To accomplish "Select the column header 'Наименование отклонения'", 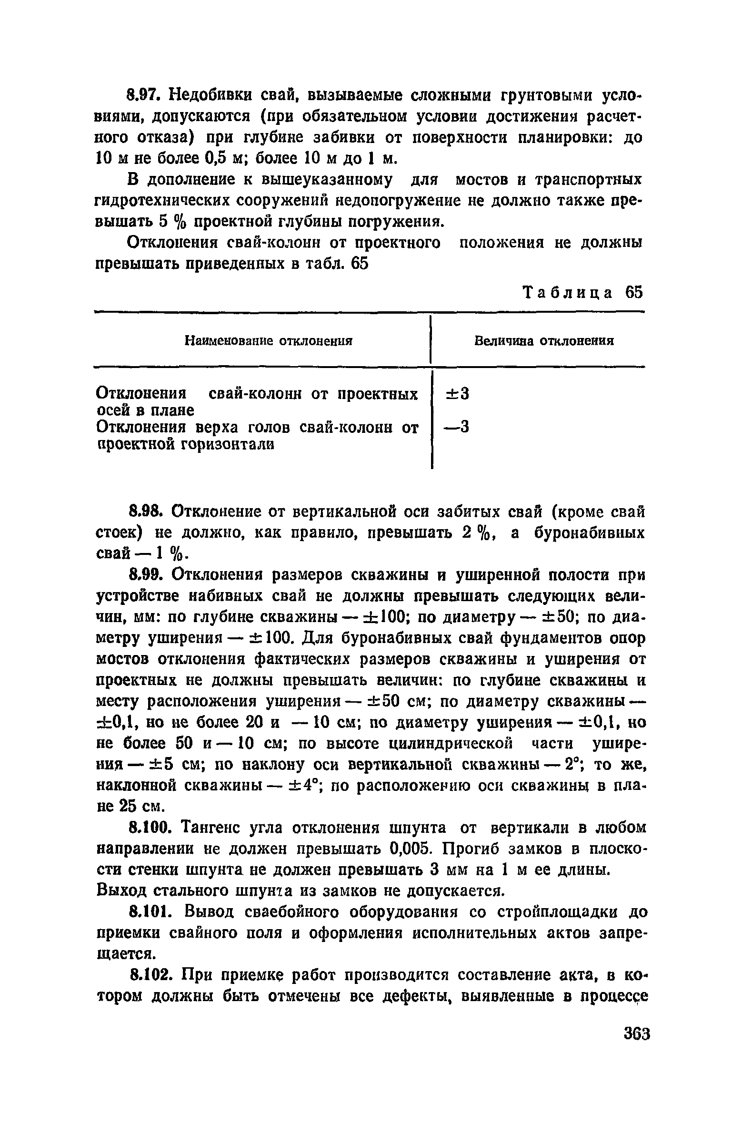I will [x=269, y=341].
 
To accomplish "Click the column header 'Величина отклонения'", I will [x=544, y=341].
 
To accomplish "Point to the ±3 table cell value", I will [x=457, y=394].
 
